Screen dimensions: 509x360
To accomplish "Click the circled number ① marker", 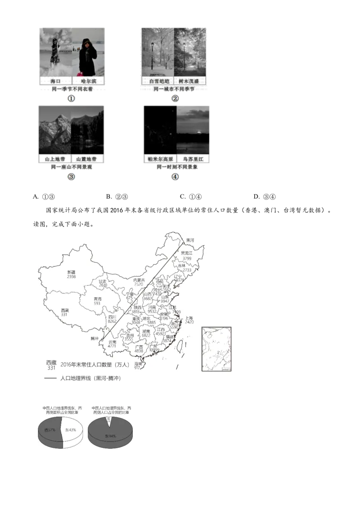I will tap(71, 98).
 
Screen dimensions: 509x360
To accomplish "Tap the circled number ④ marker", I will tap(175, 178).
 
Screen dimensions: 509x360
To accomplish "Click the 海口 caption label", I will tap(55, 81).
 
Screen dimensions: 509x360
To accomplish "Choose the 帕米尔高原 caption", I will tap(160, 159).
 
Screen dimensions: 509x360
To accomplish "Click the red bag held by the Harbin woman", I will tap(80, 74).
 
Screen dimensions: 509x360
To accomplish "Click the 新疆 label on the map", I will tap(71, 272).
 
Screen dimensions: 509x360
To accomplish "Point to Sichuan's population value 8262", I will tap(112, 321).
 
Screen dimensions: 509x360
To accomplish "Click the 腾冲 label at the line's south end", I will tap(94, 339).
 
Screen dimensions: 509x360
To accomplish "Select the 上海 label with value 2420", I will tap(189, 320).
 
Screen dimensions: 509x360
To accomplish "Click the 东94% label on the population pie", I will tap(110, 436).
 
